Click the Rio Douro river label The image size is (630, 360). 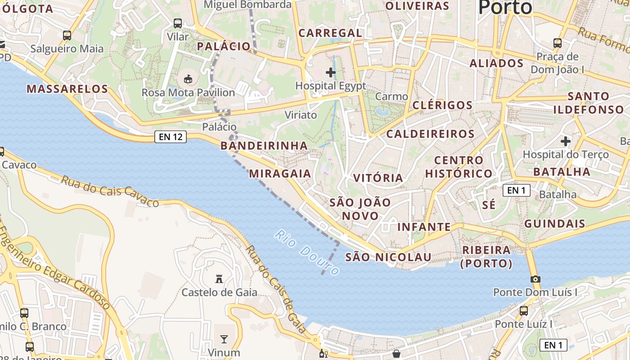point(307,253)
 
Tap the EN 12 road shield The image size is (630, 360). point(171,137)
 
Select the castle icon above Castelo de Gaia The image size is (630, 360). point(219,279)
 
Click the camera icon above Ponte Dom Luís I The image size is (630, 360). point(535,279)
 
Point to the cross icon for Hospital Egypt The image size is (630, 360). point(331,72)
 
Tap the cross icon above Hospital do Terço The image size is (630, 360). point(566,141)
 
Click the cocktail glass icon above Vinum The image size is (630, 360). point(224,339)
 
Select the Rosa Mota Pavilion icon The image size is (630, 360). point(188,79)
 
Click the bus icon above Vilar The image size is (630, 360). point(178,23)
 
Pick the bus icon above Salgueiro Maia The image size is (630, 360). point(67,35)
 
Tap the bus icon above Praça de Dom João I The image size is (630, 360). point(558,43)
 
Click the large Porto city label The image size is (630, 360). point(505,8)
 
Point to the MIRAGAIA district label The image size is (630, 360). point(280,173)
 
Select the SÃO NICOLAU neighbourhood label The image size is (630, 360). point(388,257)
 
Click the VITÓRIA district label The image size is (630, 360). point(378,178)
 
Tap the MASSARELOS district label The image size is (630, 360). point(67,89)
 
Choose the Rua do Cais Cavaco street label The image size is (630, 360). point(110,192)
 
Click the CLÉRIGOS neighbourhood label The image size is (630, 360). point(442,105)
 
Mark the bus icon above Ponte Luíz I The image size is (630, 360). point(524,310)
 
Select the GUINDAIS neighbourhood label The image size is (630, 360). point(554,224)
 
